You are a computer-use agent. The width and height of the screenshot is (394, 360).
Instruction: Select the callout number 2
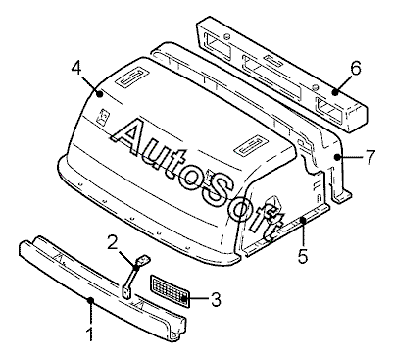[x=112, y=243]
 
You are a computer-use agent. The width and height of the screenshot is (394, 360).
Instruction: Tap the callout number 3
[x=216, y=300]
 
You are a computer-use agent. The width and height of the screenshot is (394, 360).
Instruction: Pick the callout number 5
[x=303, y=255]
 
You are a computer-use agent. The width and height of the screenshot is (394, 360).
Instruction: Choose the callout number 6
[x=355, y=68]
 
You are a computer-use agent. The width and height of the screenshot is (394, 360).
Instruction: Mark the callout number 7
[x=370, y=157]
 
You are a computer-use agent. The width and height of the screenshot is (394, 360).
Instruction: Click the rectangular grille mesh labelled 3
[x=170, y=291]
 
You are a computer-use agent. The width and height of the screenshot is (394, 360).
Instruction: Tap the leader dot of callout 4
[x=100, y=94]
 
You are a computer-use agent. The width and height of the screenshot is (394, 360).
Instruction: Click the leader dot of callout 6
[x=335, y=92]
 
